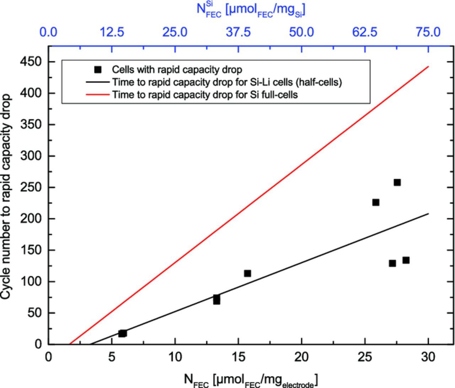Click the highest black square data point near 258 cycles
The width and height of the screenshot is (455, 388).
[397, 182]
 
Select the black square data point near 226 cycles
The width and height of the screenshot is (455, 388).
[375, 202]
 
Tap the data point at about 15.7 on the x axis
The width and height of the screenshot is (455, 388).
[247, 273]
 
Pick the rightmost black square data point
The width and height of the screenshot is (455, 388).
[406, 260]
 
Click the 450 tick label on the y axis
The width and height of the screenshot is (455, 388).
[31, 62]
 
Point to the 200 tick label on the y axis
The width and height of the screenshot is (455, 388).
[31, 219]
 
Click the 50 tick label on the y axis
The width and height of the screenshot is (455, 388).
[35, 313]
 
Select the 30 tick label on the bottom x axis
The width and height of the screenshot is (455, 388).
[428, 357]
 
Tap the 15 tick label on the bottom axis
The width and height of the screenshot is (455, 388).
[238, 357]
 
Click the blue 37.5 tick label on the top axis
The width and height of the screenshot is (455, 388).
[238, 32]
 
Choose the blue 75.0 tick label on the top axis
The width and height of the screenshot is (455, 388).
[428, 32]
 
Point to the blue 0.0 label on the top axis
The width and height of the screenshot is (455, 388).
[48, 32]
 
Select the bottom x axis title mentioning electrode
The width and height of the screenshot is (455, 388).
[251, 380]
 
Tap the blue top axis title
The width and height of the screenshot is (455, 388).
[251, 10]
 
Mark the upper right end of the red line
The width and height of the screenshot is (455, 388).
[428, 67]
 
